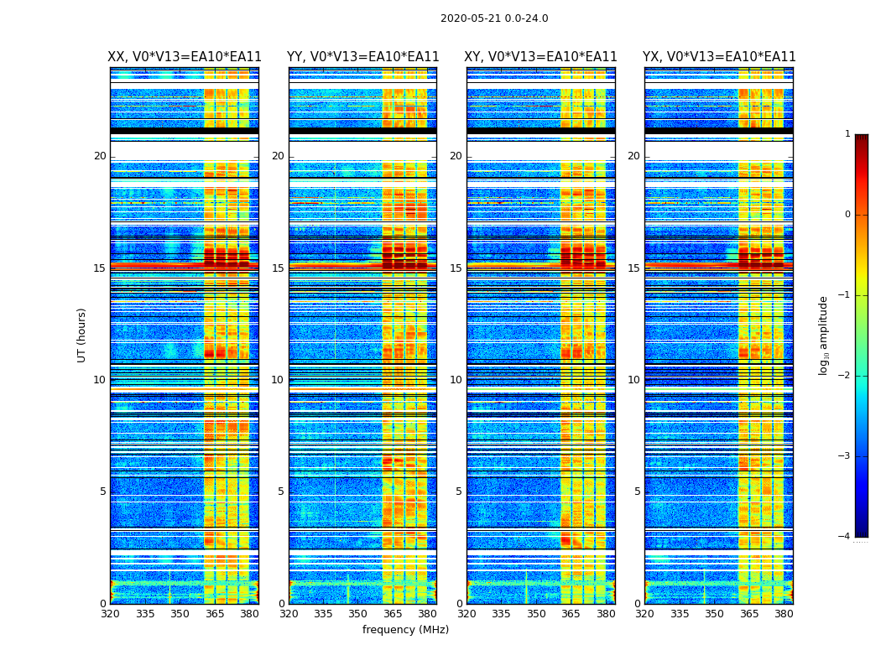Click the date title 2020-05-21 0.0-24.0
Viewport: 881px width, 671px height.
pos(494,18)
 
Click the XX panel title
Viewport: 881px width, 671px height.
pos(185,57)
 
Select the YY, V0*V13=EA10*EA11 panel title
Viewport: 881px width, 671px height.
pos(362,57)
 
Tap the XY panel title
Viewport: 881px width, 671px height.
pos(540,57)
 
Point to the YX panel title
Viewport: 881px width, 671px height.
pos(719,57)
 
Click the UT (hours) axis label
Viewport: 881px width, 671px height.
pos(82,335)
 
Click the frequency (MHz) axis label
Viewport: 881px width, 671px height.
pos(405,630)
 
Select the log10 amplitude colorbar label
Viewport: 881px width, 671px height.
pos(824,335)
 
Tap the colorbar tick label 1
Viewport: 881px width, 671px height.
pos(847,134)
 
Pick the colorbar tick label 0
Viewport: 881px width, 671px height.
pos(847,215)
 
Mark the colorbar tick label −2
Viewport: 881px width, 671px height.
pos(847,376)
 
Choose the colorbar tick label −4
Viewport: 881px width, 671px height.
pos(847,537)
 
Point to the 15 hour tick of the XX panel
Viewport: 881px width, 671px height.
pos(99,268)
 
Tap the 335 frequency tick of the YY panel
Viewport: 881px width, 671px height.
pos(323,614)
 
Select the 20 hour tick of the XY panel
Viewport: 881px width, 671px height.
pos(456,156)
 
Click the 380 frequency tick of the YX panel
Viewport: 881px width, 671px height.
pos(784,614)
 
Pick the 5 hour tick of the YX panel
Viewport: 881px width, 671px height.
pos(637,492)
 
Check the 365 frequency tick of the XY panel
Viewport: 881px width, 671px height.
pos(571,614)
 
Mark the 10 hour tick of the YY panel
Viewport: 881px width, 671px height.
pos(278,380)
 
